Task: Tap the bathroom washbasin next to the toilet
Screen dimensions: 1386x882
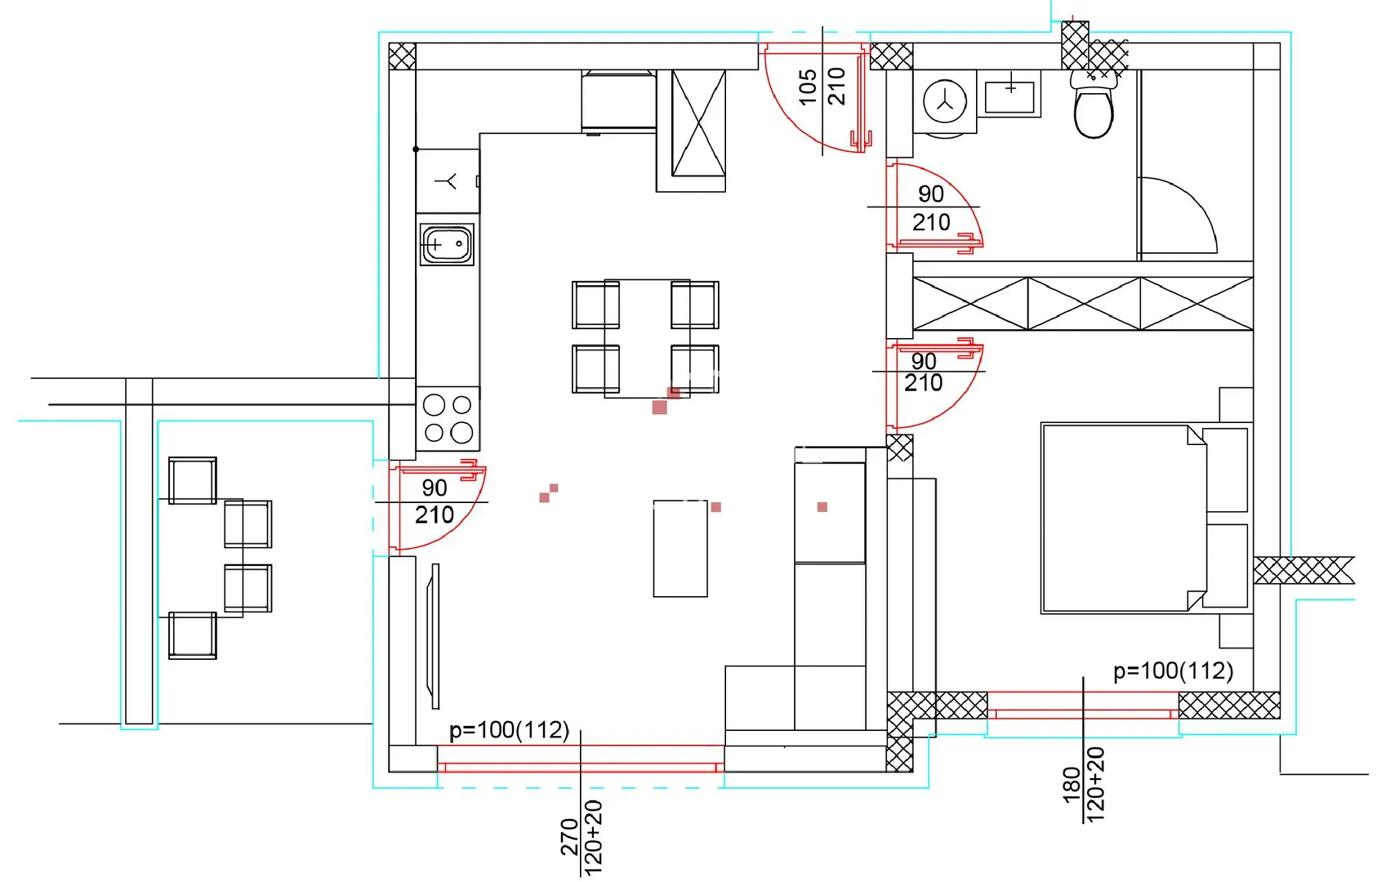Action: pos(1009,93)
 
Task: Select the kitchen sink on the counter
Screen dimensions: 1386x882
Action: pos(447,244)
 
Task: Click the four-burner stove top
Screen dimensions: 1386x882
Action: pos(448,419)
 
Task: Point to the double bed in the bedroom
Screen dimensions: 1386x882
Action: pos(1146,519)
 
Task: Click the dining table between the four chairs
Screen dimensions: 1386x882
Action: pos(647,338)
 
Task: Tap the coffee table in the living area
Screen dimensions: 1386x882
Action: pos(680,549)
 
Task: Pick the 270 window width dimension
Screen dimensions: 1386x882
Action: pos(569,837)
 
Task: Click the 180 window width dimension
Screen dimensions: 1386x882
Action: pos(1072,785)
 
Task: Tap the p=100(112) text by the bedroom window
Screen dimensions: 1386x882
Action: pos(1173,670)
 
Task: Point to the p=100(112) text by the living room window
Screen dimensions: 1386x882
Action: pos(509,730)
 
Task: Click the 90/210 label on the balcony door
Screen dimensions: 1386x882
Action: pos(435,501)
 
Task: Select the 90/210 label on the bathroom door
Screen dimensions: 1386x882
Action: pos(930,207)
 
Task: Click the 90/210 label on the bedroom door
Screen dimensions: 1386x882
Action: pos(923,372)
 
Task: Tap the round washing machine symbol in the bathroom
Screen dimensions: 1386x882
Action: pos(945,101)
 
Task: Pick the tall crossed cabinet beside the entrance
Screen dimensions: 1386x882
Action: pos(698,123)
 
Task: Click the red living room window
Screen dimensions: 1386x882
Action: pos(581,759)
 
